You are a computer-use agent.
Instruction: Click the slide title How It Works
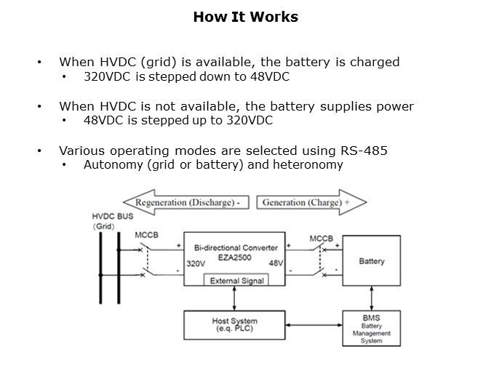(245, 17)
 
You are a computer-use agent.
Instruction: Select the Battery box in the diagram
(372, 261)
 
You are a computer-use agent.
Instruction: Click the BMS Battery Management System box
(371, 329)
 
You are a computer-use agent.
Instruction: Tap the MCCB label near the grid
(148, 236)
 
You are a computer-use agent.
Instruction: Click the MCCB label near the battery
(320, 239)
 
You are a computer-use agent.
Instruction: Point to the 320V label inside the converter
(196, 263)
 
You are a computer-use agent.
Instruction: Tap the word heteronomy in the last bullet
(311, 165)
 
